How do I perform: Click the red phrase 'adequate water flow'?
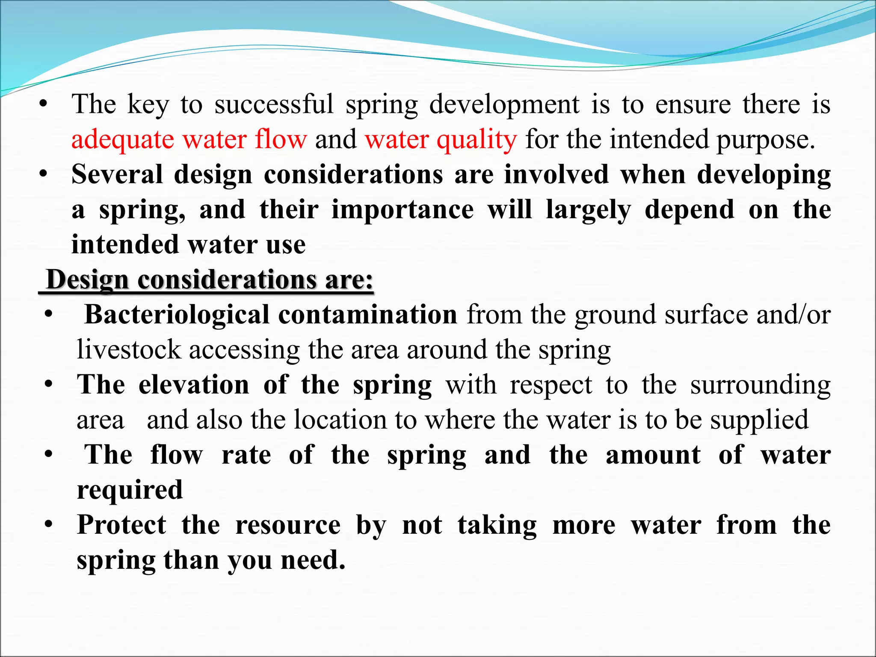(189, 140)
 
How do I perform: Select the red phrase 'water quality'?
(441, 140)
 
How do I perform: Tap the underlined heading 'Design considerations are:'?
(209, 280)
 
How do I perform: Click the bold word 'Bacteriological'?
(177, 315)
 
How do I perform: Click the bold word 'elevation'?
(194, 385)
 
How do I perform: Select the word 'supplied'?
(759, 420)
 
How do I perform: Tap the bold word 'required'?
(130, 490)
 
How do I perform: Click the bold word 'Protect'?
(121, 525)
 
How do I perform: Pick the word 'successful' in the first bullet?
(274, 105)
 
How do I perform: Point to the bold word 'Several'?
(116, 175)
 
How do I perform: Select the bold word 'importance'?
(402, 210)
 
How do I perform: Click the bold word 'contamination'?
(368, 315)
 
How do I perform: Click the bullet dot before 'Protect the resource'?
(49, 524)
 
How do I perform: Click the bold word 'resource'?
(288, 525)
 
